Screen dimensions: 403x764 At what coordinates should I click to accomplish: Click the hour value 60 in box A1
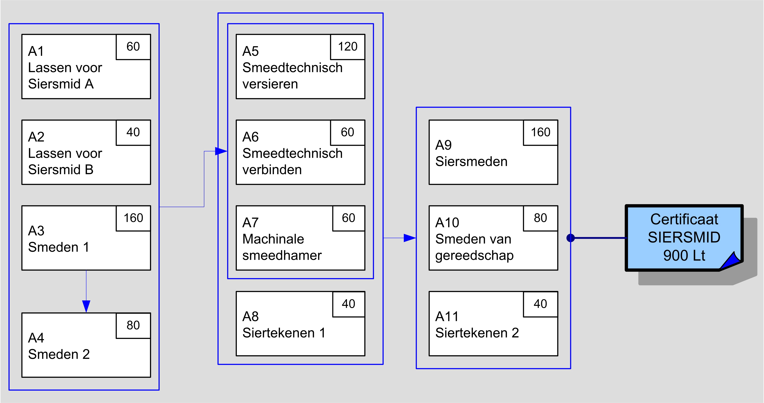point(133,46)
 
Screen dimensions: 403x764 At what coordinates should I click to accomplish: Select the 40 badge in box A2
point(133,132)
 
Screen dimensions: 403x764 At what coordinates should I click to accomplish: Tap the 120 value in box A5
point(348,46)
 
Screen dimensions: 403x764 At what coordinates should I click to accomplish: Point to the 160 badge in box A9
point(540,132)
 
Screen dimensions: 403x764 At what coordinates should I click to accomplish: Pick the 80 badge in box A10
point(540,218)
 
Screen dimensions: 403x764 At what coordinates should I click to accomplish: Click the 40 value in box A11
point(540,304)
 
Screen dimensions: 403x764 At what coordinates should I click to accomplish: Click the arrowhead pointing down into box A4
point(86,306)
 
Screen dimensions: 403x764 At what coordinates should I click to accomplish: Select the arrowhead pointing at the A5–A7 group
point(221,151)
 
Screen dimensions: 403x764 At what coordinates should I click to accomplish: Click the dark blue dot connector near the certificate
point(571,238)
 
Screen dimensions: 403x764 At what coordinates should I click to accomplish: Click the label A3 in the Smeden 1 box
point(36,231)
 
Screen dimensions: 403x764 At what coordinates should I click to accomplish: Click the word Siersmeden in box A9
point(471,162)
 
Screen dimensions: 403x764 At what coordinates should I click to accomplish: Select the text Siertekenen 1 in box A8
point(284,333)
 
